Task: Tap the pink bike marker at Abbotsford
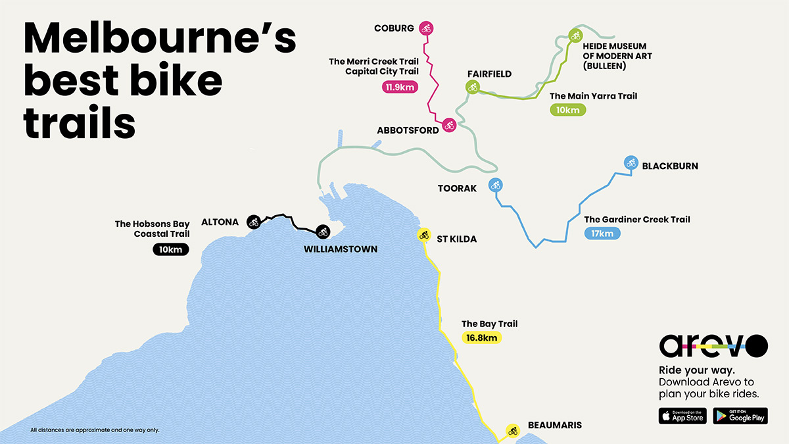coord(449,124)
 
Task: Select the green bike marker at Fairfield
coord(472,87)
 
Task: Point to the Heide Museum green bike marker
coord(575,36)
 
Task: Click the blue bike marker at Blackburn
coord(631,162)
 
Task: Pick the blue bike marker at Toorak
coord(495,185)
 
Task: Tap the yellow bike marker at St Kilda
coord(423,235)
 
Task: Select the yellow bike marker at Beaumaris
coord(512,431)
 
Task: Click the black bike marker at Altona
coord(254,222)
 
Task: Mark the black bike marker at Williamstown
coord(322,232)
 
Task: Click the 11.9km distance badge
coord(399,87)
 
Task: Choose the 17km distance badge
coord(602,233)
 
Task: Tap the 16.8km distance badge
coord(481,337)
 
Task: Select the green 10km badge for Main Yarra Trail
coord(567,110)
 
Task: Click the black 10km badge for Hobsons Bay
coord(171,249)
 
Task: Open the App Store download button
coord(682,416)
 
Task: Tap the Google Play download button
coord(740,416)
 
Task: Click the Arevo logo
coord(713,345)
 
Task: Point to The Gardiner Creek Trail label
coord(637,220)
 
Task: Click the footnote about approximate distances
coord(95,430)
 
